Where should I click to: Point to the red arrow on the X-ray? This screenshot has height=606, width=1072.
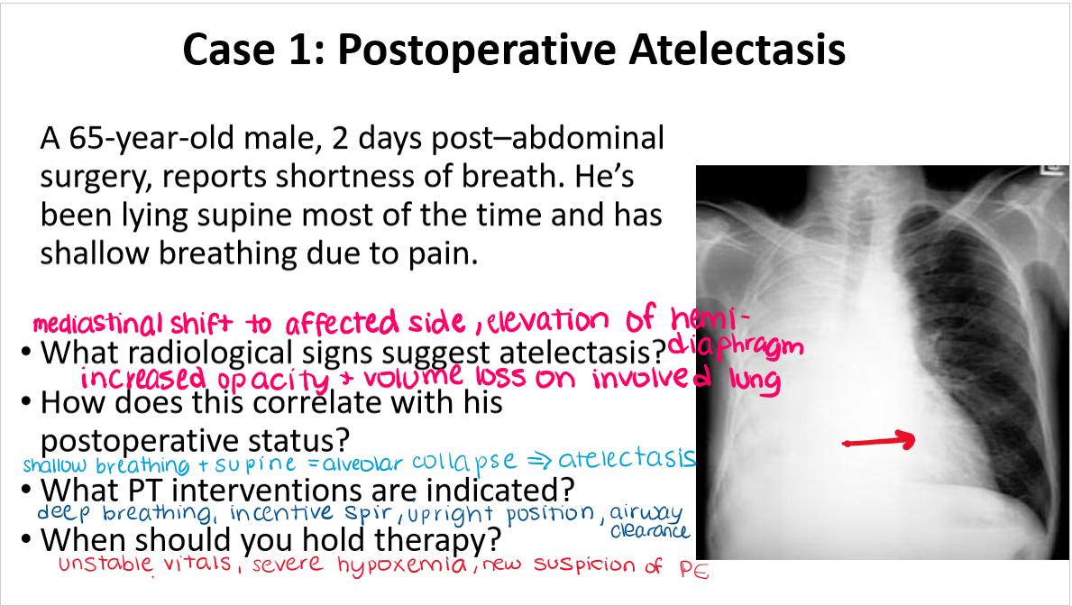(878, 442)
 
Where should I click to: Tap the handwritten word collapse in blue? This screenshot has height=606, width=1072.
(463, 461)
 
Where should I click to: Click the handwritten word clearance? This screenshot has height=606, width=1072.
(649, 531)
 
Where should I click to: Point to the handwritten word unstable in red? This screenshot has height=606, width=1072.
(103, 566)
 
